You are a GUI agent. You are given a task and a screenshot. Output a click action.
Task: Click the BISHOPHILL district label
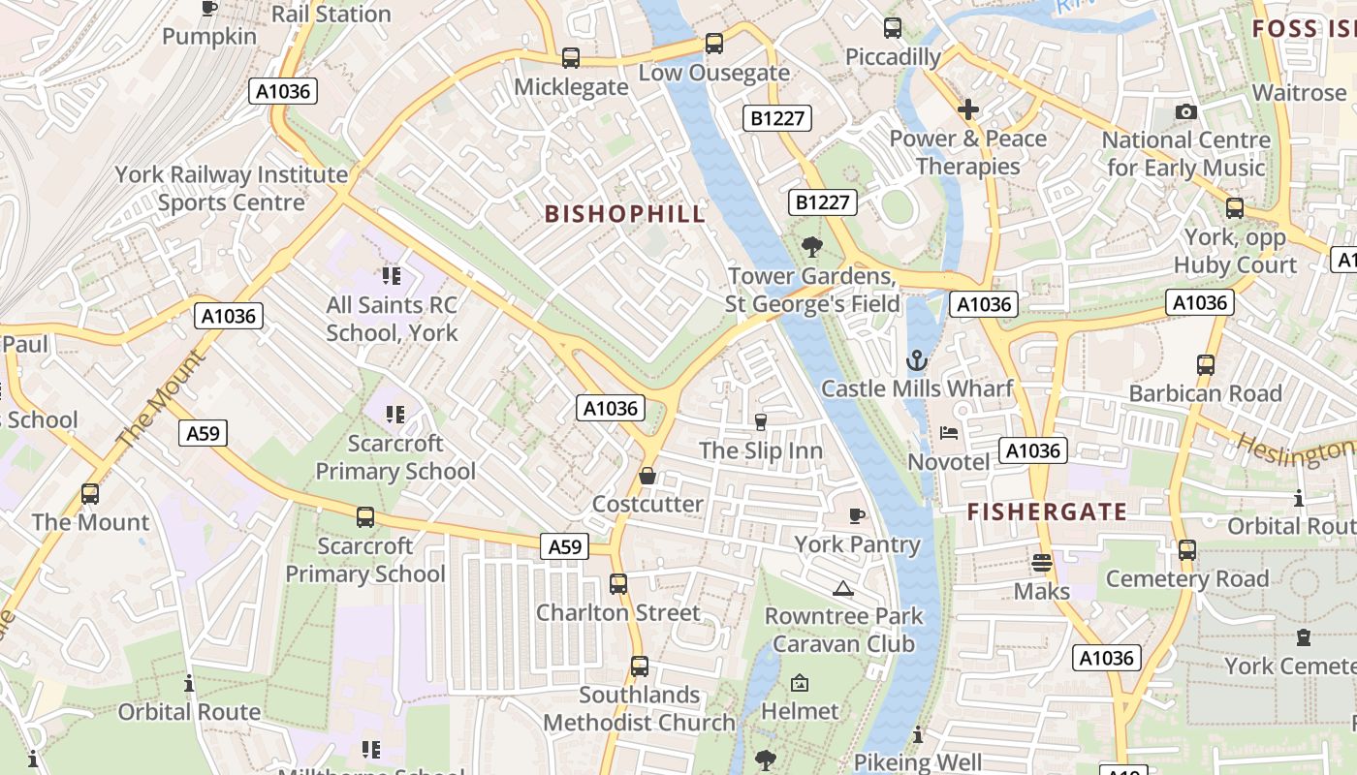625,214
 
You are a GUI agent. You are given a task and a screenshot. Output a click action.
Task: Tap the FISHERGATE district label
1047,511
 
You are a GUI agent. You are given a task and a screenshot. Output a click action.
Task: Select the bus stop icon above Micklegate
571,57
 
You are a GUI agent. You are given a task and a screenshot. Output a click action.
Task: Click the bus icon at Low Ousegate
714,44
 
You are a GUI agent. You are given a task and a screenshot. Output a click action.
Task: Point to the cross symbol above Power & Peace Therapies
967,109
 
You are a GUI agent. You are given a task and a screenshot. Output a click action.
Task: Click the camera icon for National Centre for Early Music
1185,112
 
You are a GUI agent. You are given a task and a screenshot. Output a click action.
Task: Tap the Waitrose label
1299,92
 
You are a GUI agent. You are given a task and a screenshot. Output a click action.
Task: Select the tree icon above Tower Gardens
812,247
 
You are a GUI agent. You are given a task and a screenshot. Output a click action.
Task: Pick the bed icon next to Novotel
949,432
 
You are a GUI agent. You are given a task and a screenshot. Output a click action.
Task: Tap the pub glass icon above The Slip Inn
761,421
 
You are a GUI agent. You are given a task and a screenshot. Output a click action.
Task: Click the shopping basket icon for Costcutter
647,476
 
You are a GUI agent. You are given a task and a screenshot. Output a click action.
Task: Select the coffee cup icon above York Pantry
857,515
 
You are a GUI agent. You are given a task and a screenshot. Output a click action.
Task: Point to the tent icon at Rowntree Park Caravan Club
843,587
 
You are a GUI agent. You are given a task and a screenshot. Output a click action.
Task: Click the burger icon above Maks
1042,562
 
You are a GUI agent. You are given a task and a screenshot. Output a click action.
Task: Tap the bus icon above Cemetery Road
1187,550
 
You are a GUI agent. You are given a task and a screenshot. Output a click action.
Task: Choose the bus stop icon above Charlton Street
618,584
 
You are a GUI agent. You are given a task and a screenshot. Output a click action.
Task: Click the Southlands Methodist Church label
639,709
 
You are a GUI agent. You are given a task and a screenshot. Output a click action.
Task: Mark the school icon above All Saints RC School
392,276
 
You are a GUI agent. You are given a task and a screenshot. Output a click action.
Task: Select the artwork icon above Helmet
800,683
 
